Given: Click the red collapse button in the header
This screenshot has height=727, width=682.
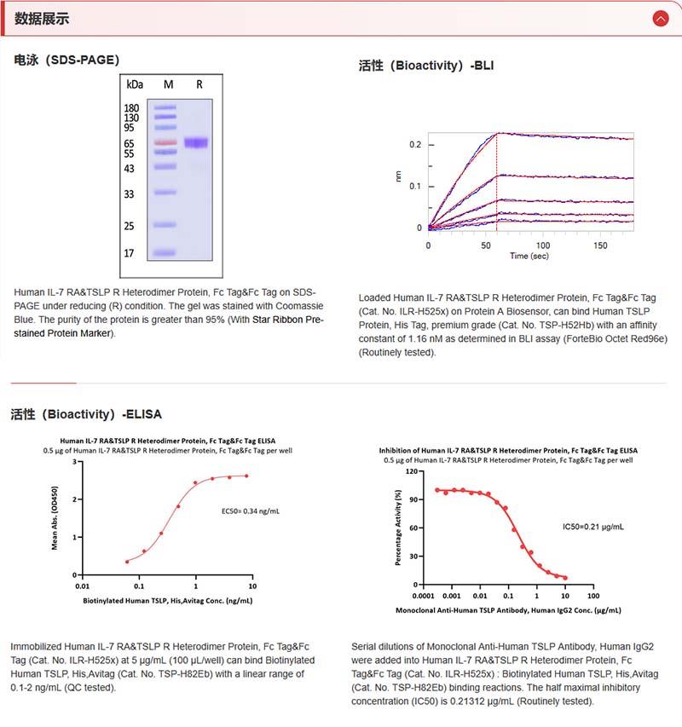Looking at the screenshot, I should click(x=660, y=18).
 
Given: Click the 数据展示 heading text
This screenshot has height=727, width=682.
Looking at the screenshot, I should click(x=42, y=19).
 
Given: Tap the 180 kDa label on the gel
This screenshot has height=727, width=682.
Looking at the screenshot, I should click(x=132, y=108).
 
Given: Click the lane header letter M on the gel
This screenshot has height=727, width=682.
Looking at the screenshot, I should click(x=168, y=84).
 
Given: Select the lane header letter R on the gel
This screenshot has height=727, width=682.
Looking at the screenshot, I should click(x=199, y=84).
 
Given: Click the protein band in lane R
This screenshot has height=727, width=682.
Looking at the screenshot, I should click(x=196, y=143).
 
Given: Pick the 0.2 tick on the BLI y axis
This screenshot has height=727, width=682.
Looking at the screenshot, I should click(x=416, y=145).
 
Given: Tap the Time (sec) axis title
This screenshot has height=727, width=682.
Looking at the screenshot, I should click(x=530, y=256).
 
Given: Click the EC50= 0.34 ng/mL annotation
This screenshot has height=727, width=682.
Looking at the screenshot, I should click(x=250, y=511).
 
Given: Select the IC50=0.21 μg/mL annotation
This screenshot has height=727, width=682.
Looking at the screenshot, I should click(x=593, y=527).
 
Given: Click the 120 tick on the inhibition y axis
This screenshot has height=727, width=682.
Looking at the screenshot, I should click(x=413, y=470).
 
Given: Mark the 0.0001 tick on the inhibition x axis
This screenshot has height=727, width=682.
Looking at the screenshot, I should click(x=424, y=596).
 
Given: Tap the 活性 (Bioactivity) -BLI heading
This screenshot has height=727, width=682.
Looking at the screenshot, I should click(x=426, y=66).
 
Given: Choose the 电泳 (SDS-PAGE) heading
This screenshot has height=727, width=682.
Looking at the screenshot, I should click(x=67, y=60).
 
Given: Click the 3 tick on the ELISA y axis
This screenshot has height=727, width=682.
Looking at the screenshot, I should click(x=75, y=462).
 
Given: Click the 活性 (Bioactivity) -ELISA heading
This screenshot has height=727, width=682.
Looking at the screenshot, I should click(x=86, y=415).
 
